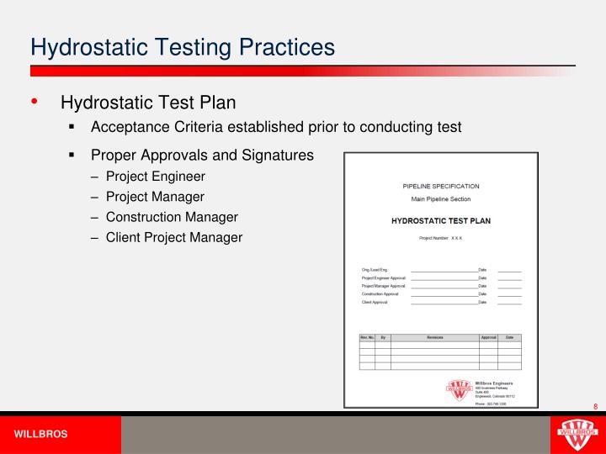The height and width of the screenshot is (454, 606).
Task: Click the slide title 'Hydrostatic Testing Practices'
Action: click(x=182, y=45)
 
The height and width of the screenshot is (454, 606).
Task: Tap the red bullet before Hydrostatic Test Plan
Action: click(x=35, y=103)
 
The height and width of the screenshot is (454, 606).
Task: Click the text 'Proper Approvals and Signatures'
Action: click(x=202, y=156)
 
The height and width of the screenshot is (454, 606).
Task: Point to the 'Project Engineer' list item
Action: click(x=155, y=177)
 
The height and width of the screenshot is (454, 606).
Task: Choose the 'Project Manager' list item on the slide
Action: click(x=154, y=197)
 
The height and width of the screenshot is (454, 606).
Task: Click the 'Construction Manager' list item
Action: click(x=172, y=217)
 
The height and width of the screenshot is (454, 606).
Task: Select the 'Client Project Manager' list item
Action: click(x=173, y=237)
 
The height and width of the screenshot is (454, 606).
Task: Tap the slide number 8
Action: click(x=594, y=407)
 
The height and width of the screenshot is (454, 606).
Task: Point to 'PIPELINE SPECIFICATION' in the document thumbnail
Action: click(x=440, y=186)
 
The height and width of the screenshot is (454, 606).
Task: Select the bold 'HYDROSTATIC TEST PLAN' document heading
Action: click(x=440, y=221)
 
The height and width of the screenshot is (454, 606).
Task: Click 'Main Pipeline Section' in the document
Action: click(x=440, y=199)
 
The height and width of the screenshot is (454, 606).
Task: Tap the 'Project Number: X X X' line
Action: click(x=440, y=238)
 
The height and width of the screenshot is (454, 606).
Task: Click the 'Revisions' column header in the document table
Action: click(x=434, y=337)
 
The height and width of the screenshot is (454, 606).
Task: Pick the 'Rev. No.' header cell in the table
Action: click(x=367, y=337)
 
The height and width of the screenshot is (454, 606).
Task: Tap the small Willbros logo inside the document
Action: click(x=459, y=389)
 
